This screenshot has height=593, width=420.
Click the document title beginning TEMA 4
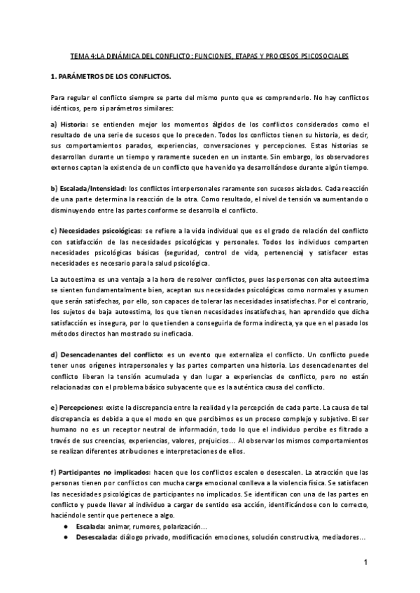(x=209, y=55)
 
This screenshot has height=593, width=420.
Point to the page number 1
(x=365, y=563)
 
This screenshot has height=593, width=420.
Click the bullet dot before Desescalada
(x=65, y=537)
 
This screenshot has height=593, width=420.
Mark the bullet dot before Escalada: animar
(x=65, y=524)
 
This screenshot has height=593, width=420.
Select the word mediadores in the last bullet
(x=337, y=537)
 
